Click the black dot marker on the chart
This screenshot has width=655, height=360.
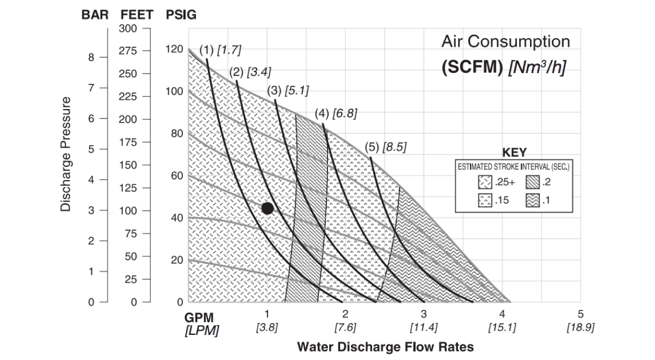[x=267, y=208]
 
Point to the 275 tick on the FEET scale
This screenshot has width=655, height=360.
[x=130, y=51]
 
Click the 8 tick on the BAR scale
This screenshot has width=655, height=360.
[x=91, y=57]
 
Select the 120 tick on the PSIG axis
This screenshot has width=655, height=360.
[x=174, y=50]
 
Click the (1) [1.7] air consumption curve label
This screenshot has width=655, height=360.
[x=220, y=50]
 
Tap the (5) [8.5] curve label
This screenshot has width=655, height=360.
[x=385, y=147]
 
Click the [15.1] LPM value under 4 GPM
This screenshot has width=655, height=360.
[x=502, y=327]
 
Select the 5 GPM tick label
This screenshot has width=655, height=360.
[x=580, y=314]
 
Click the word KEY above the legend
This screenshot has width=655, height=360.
[x=514, y=153]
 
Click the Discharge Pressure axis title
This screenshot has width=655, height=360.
[x=66, y=154]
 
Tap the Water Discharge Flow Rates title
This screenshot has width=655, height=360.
[x=385, y=347]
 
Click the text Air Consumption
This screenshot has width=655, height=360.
[x=505, y=41]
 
